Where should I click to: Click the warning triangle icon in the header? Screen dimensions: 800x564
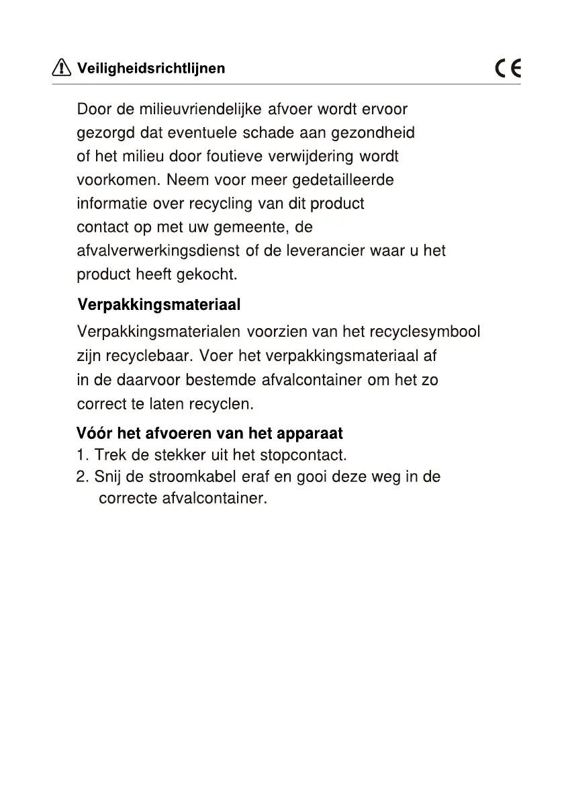[x=61, y=68]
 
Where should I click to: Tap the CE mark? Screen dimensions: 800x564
[x=508, y=69]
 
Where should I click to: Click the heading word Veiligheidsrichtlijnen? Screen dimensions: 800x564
[x=152, y=69]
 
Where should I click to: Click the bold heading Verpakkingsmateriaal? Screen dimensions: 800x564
[x=159, y=305]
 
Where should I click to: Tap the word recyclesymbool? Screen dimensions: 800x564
[x=425, y=331]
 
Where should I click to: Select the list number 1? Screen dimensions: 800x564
[x=81, y=455]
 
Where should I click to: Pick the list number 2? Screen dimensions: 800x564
[x=82, y=477]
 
